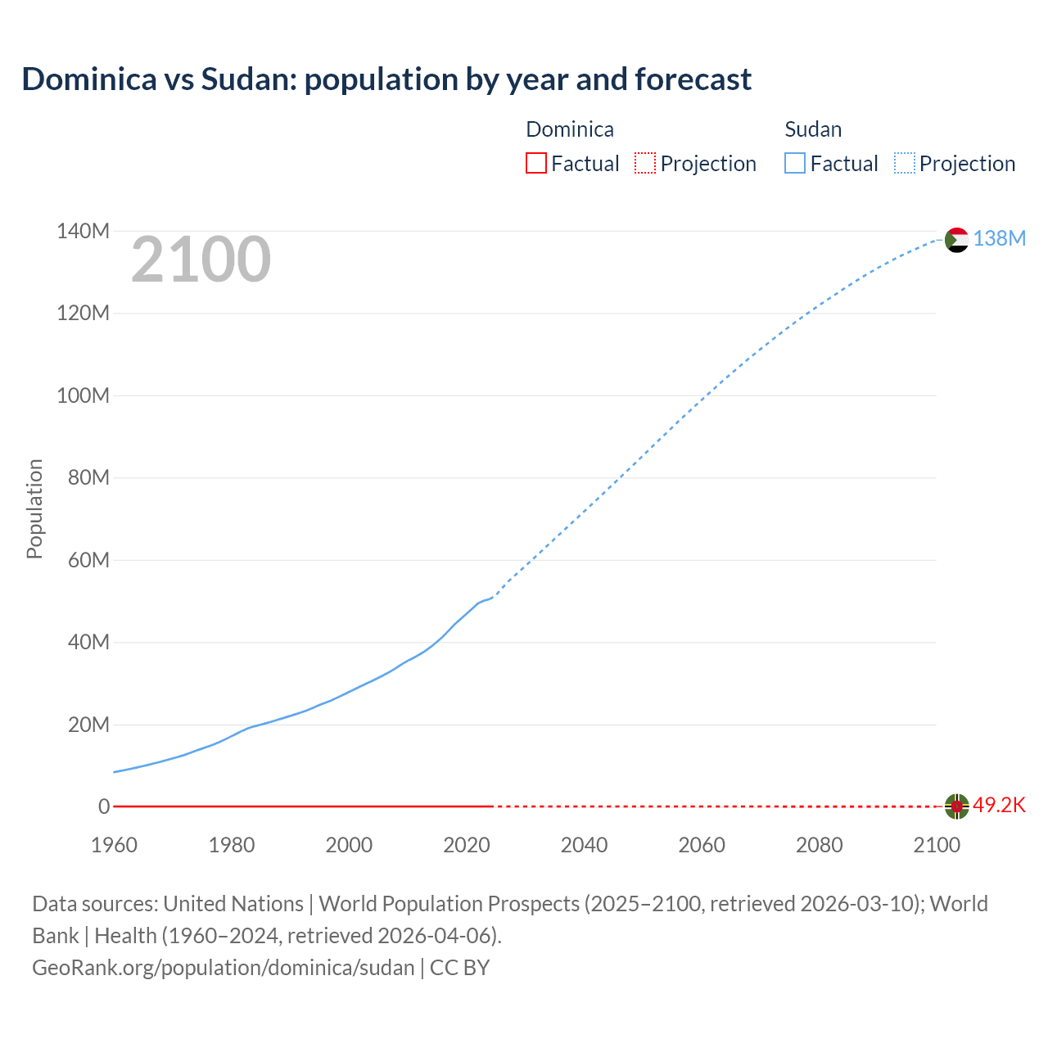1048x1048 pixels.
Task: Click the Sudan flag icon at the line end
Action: [x=956, y=240]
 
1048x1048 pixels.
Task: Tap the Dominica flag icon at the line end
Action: [x=956, y=806]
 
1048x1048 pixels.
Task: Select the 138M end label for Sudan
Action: [x=999, y=238]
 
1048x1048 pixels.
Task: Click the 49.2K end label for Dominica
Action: [x=999, y=806]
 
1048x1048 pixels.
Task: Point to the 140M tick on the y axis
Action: [x=83, y=232]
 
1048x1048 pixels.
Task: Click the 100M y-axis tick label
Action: [x=83, y=396]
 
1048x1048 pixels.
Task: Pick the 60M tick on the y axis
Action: [x=88, y=561]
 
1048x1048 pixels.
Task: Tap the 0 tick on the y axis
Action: [x=104, y=807]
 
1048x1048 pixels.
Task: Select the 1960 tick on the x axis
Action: [x=114, y=845]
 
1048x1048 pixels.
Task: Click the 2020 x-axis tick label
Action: [x=467, y=845]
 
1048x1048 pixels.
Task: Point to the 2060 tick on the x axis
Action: [x=702, y=845]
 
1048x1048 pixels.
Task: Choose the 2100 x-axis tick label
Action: [x=937, y=845]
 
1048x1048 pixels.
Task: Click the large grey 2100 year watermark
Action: [x=201, y=260]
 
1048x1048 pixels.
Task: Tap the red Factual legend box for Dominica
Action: [x=535, y=163]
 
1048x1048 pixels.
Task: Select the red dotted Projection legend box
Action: [x=645, y=163]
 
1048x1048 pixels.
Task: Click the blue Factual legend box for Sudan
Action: [x=794, y=163]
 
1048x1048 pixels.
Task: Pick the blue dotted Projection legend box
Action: [x=905, y=163]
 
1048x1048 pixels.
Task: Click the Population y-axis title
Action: [x=34, y=508]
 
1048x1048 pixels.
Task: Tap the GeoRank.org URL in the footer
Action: [x=223, y=968]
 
